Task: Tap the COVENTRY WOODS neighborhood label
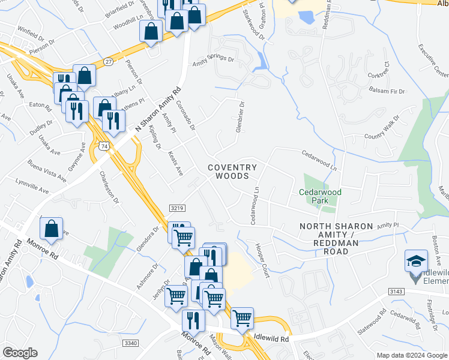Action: click(232, 172)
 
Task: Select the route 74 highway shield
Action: click(105, 146)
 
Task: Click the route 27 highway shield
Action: click(108, 61)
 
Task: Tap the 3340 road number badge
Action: click(130, 343)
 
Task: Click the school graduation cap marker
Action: click(416, 262)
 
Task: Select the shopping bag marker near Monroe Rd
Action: click(52, 229)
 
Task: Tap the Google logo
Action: click(20, 352)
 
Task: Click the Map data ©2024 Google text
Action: click(411, 355)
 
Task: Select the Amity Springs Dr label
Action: click(213, 59)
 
